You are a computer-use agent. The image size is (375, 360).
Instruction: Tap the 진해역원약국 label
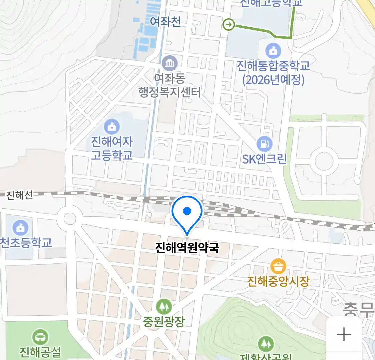187,248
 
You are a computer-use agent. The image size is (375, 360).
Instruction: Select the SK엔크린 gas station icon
264,144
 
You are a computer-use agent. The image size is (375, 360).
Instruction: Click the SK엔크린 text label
264,159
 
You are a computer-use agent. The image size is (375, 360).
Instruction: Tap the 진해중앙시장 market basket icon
278,266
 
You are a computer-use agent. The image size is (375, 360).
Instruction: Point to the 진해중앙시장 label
278,281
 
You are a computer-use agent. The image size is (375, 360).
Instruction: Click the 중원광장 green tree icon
164,306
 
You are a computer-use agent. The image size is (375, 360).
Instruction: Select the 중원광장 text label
164,321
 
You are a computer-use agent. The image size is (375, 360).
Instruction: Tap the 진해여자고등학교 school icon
112,127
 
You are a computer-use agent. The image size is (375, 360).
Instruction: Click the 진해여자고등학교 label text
112,148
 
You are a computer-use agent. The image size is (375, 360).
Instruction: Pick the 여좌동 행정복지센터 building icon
170,63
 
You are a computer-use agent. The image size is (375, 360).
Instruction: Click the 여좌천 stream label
165,22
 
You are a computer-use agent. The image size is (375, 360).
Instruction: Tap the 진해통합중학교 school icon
273,51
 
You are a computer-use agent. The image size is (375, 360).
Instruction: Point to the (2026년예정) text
273,80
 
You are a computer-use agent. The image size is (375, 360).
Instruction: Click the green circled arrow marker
229,25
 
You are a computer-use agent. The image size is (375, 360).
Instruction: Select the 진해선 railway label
20,195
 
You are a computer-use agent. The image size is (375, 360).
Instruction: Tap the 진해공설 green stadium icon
40,337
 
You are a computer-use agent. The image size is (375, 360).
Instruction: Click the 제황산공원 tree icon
266,344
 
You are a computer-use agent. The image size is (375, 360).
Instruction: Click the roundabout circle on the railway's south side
70,219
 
